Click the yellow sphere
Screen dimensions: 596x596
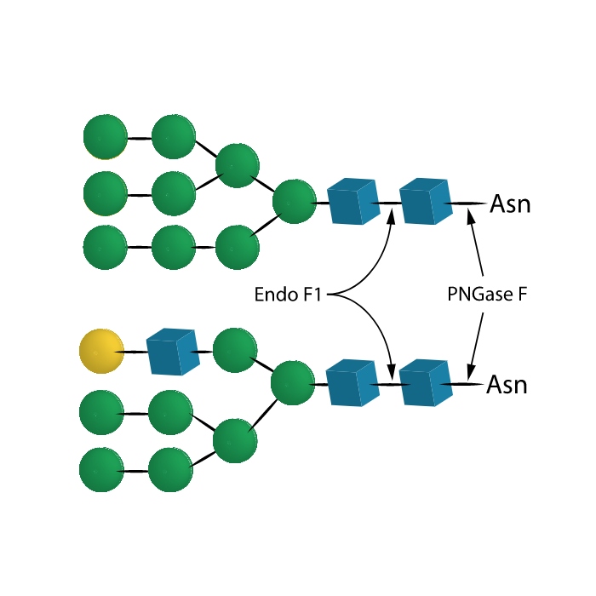tap(101, 351)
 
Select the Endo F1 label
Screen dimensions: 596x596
tap(288, 295)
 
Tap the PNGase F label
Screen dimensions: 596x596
tap(487, 294)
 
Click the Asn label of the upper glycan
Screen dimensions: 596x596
tap(510, 204)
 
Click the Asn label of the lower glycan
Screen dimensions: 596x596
tap(507, 385)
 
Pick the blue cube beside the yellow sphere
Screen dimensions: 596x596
tap(173, 352)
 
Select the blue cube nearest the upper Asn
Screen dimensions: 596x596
tap(426, 201)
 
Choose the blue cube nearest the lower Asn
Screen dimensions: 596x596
tap(426, 383)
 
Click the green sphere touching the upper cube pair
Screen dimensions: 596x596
tap(295, 202)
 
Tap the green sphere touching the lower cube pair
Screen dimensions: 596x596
tap(293, 383)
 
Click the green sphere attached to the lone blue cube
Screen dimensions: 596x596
tap(235, 350)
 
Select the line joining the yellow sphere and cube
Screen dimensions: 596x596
tap(135, 352)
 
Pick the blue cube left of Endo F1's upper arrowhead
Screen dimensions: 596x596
tap(353, 201)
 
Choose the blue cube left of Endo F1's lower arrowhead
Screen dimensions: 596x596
tap(352, 383)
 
